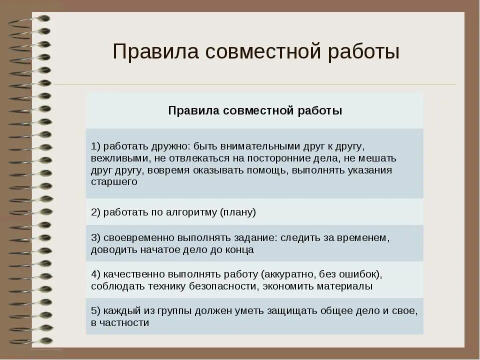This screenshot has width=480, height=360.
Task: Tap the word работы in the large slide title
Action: click(x=364, y=51)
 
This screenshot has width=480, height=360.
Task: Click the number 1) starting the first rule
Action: click(x=96, y=146)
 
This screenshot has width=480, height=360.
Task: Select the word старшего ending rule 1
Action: click(x=114, y=182)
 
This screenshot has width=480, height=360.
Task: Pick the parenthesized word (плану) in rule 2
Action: click(x=238, y=212)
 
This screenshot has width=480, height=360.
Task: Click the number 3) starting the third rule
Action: click(x=96, y=237)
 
